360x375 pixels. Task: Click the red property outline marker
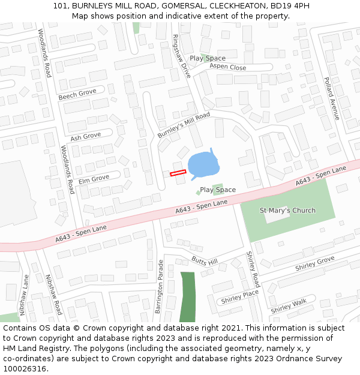tap(177, 173)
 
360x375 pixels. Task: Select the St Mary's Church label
tap(287, 211)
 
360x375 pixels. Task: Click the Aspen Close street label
tap(228, 67)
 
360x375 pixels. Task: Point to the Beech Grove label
tap(77, 95)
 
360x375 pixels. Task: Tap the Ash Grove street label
tap(85, 137)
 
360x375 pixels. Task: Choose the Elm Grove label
tap(94, 178)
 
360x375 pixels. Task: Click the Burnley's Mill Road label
tap(184, 125)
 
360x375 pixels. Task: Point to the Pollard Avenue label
tap(331, 98)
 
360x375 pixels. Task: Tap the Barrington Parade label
tap(160, 287)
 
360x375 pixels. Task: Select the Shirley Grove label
tap(314, 262)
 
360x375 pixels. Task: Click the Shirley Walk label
tap(288, 306)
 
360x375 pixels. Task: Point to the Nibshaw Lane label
tap(25, 295)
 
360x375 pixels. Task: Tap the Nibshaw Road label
tap(53, 295)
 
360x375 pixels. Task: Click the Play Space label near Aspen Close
tap(208, 58)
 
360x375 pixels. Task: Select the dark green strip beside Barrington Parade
tap(188, 297)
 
